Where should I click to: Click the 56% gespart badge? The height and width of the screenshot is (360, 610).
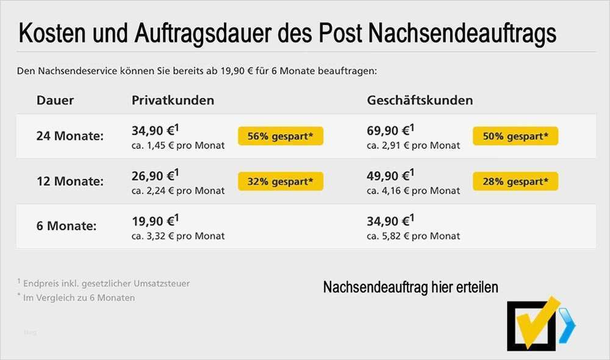point(281,136)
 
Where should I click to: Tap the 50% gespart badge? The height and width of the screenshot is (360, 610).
point(515,136)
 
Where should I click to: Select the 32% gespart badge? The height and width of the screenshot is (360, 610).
point(281,181)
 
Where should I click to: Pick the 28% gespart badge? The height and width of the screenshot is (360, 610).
point(515,181)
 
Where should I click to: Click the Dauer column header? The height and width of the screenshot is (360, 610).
point(55,101)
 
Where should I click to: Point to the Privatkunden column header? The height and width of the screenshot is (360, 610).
point(173,101)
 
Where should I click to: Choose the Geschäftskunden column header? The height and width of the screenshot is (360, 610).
point(420,101)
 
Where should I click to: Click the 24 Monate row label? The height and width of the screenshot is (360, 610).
point(70,136)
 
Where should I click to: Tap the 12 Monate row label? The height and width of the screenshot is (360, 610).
point(70,181)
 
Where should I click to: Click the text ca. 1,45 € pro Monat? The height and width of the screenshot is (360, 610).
point(178,146)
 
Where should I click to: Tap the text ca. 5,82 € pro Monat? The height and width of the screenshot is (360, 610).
point(414,236)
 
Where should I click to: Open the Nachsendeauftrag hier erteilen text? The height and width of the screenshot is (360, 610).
point(411,287)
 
